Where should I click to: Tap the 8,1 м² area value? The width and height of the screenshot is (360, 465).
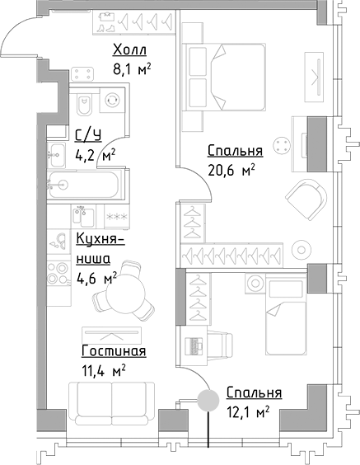(132, 71)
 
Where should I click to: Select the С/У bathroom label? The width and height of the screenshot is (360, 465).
(88, 136)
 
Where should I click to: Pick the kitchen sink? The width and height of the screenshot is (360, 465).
(60, 241)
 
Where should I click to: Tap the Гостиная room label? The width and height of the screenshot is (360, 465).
(114, 351)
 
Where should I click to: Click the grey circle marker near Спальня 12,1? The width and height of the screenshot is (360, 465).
(207, 400)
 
